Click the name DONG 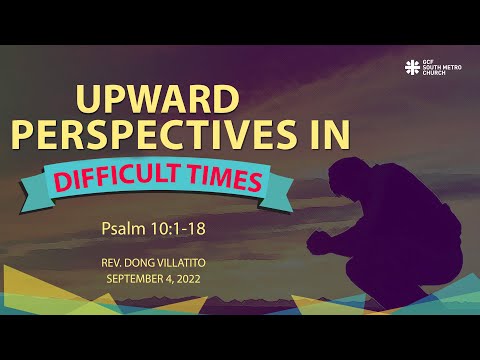(158, 263)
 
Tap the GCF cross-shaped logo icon (411, 67)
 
